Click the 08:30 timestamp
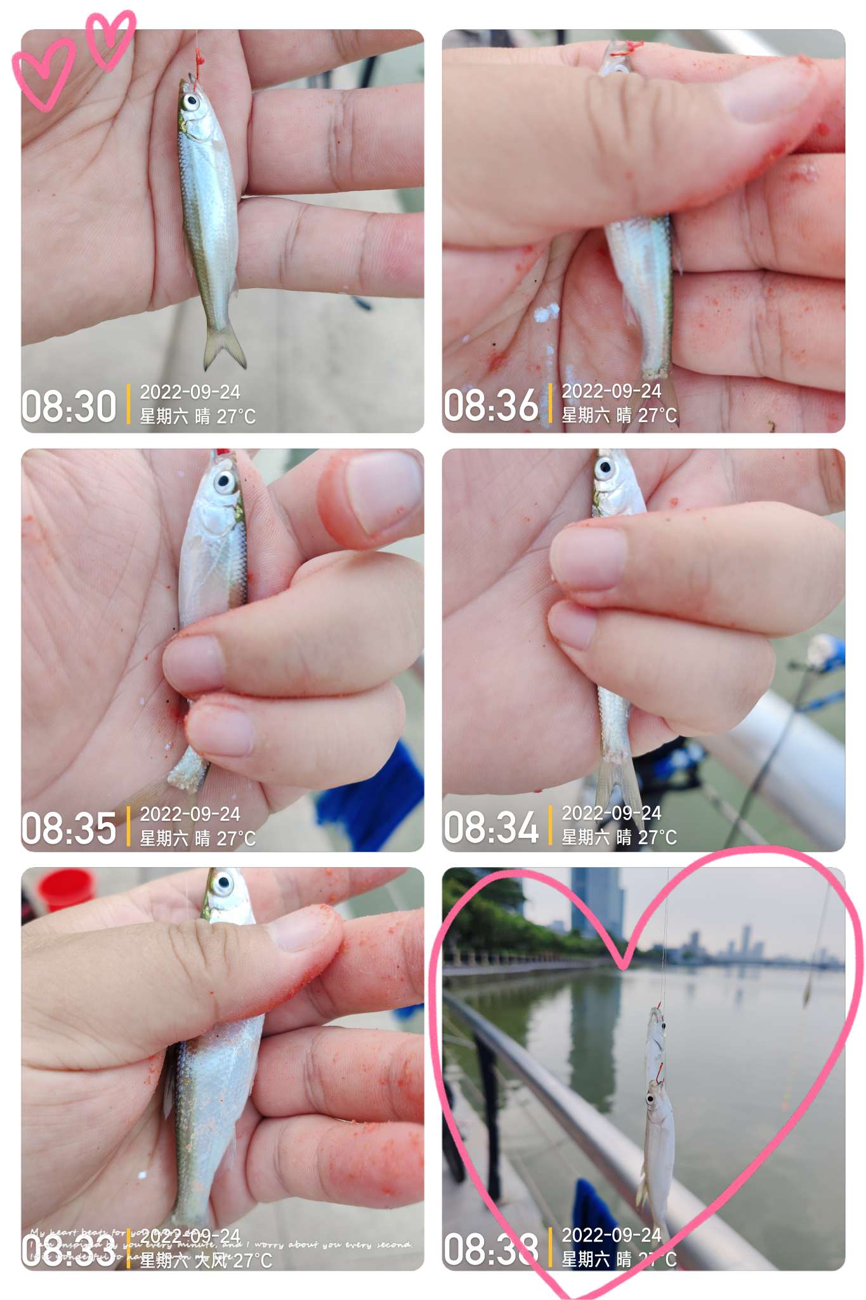click(x=69, y=406)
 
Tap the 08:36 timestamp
click(x=490, y=405)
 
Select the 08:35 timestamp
click(x=69, y=828)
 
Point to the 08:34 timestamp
click(x=490, y=827)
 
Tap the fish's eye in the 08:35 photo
click(x=224, y=481)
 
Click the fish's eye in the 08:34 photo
click(x=605, y=469)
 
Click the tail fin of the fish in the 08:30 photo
click(x=223, y=348)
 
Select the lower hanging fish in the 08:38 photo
click(x=658, y=1143)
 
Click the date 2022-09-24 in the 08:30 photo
click(x=190, y=392)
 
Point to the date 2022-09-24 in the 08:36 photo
click(x=611, y=391)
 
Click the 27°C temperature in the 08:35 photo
click(x=236, y=839)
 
